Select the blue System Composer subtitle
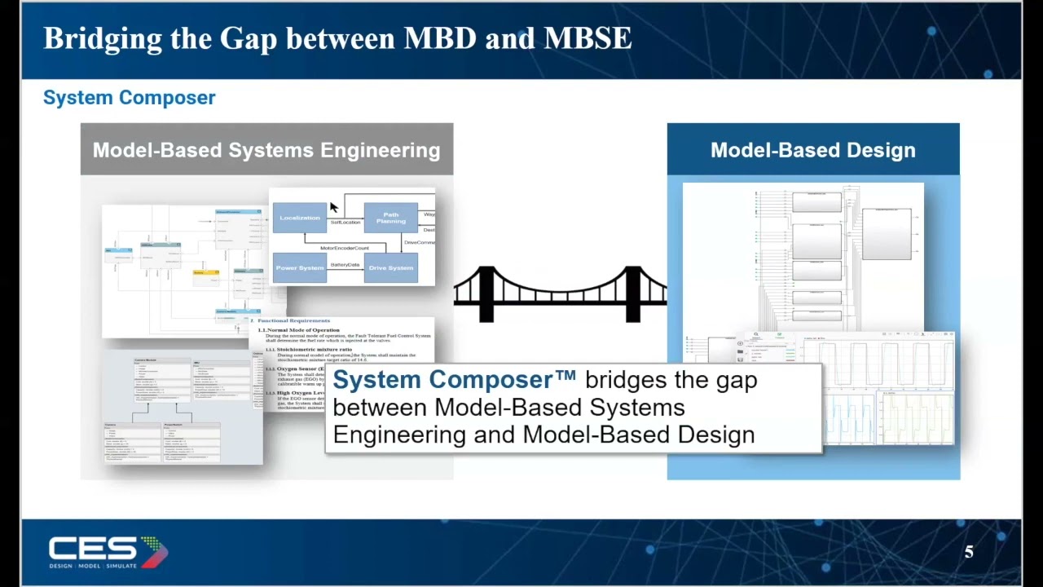[x=129, y=98]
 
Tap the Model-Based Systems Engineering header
[x=266, y=150]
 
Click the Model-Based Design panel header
[x=812, y=150]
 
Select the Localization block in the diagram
[x=300, y=218]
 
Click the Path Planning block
[x=391, y=218]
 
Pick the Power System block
[x=300, y=267]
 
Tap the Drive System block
[x=391, y=267]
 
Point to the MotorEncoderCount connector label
[x=345, y=248]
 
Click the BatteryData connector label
[x=345, y=265]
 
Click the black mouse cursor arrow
[x=333, y=207]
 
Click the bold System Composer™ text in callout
[x=454, y=380]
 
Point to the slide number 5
[x=969, y=553]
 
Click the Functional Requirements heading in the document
[x=293, y=320]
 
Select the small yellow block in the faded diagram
[x=205, y=272]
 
